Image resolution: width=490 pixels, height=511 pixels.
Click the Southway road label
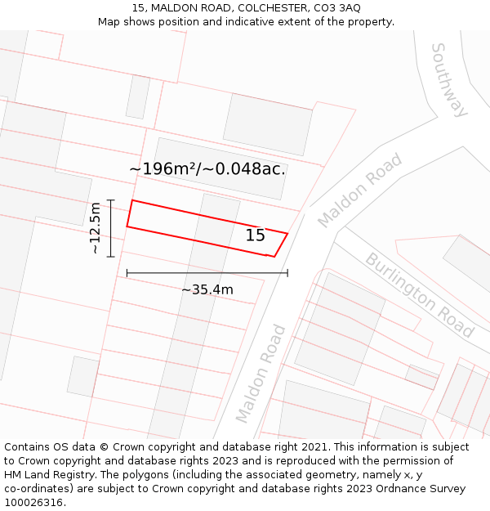[x=449, y=79]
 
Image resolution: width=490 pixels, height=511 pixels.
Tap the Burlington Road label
[x=419, y=295]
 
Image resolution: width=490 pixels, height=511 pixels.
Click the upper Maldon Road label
[x=360, y=191]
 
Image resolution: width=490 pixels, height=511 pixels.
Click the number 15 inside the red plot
[x=255, y=235]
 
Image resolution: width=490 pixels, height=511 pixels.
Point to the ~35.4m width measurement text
[x=207, y=289]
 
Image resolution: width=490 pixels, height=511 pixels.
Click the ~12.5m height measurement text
[x=96, y=227]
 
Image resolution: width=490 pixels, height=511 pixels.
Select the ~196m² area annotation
[x=163, y=169]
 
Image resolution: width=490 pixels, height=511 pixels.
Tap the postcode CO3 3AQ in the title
[x=338, y=8]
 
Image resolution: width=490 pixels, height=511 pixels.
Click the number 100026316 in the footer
[x=34, y=503]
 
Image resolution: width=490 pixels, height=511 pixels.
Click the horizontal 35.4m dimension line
[x=207, y=273]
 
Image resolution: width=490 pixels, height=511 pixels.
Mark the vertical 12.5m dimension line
[x=111, y=228]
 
